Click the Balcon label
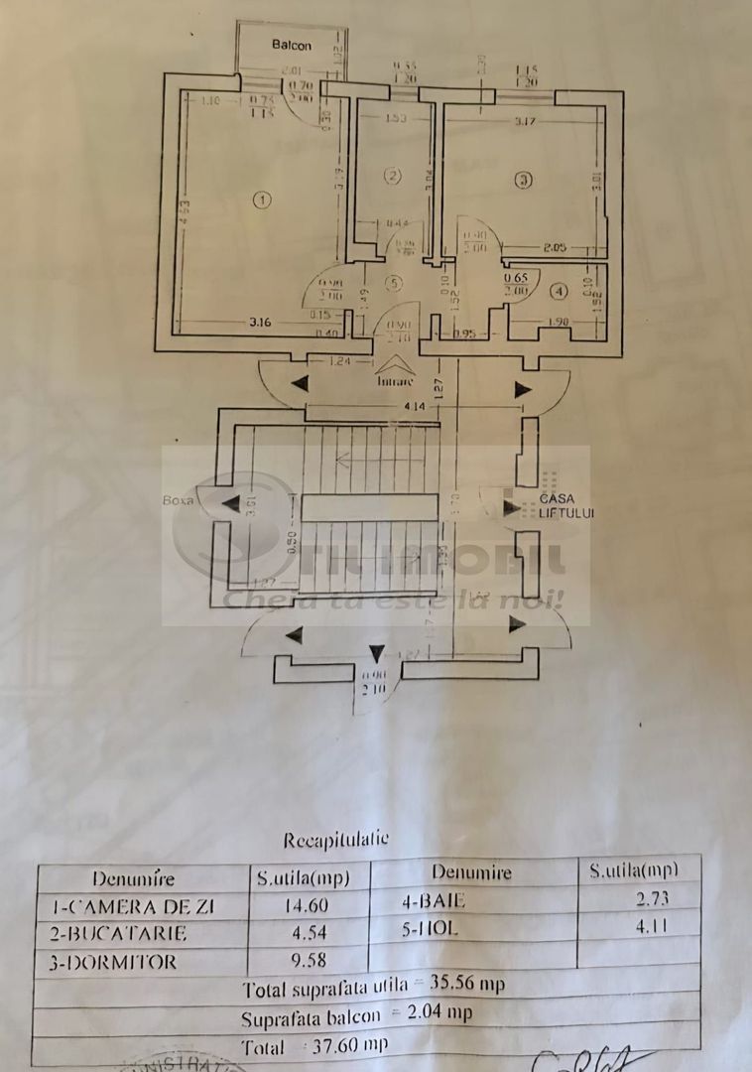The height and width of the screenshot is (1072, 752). (x=292, y=46)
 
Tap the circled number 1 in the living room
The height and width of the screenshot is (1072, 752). (x=261, y=200)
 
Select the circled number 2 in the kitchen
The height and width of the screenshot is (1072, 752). (x=393, y=177)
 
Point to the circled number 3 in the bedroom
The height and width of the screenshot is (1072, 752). (x=523, y=180)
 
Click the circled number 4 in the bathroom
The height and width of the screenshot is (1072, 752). (x=559, y=291)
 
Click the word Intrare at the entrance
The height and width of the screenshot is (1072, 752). (x=397, y=379)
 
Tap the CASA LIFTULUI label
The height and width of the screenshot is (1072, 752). (x=566, y=506)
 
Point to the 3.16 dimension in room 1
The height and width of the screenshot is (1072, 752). (x=261, y=322)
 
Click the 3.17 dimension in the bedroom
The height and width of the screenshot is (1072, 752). (x=526, y=123)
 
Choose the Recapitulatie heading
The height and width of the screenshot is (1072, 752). (x=336, y=840)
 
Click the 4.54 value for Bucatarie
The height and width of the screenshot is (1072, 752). (x=308, y=933)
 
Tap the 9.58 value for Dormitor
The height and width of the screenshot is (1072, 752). (x=308, y=961)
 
